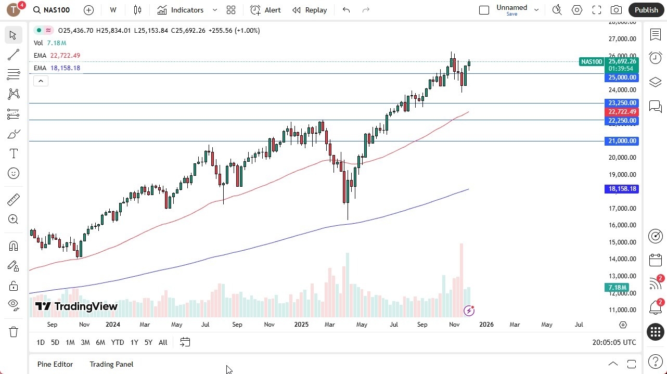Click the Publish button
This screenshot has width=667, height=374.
coord(646,10)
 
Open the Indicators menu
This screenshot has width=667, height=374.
coord(187,10)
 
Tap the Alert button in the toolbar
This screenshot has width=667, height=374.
coord(265,10)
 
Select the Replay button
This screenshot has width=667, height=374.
coord(310,10)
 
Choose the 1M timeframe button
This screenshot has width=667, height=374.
coord(70,342)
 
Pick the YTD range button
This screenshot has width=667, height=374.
coord(118,342)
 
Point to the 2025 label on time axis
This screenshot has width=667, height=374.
coord(301,325)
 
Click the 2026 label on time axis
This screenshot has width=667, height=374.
coord(486,325)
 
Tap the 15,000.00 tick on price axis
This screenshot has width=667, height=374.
coord(622,242)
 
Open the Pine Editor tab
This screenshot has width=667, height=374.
coord(55,364)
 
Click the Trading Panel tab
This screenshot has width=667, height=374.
coord(111,364)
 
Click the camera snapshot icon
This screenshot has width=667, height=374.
coord(616,10)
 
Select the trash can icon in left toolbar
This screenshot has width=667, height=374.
coord(14,332)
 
